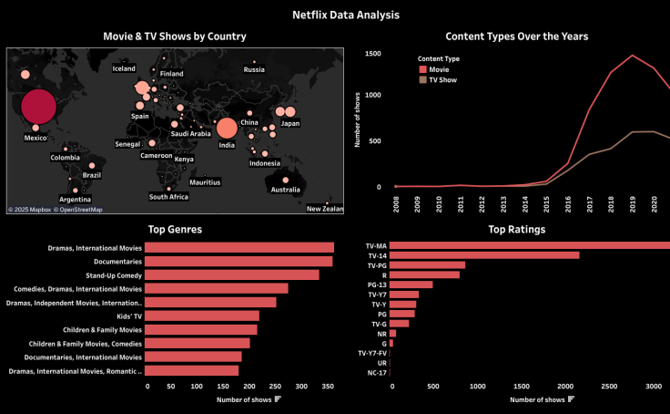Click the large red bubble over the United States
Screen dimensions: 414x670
(x=37, y=107)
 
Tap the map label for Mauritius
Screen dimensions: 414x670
(x=205, y=182)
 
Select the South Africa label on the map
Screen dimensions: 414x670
(x=168, y=197)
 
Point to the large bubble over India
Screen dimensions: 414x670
(x=226, y=129)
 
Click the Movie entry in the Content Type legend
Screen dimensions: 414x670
(x=439, y=69)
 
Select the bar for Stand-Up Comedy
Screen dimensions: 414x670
(x=232, y=274)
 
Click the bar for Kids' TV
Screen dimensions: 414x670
(x=202, y=316)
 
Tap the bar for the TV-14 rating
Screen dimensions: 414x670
(x=484, y=255)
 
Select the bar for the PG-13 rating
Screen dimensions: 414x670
(x=412, y=285)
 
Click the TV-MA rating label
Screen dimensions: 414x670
(x=376, y=245)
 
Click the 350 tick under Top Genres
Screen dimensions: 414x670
(x=329, y=387)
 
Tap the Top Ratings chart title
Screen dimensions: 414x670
(x=516, y=230)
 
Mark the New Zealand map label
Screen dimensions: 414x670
(x=324, y=209)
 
